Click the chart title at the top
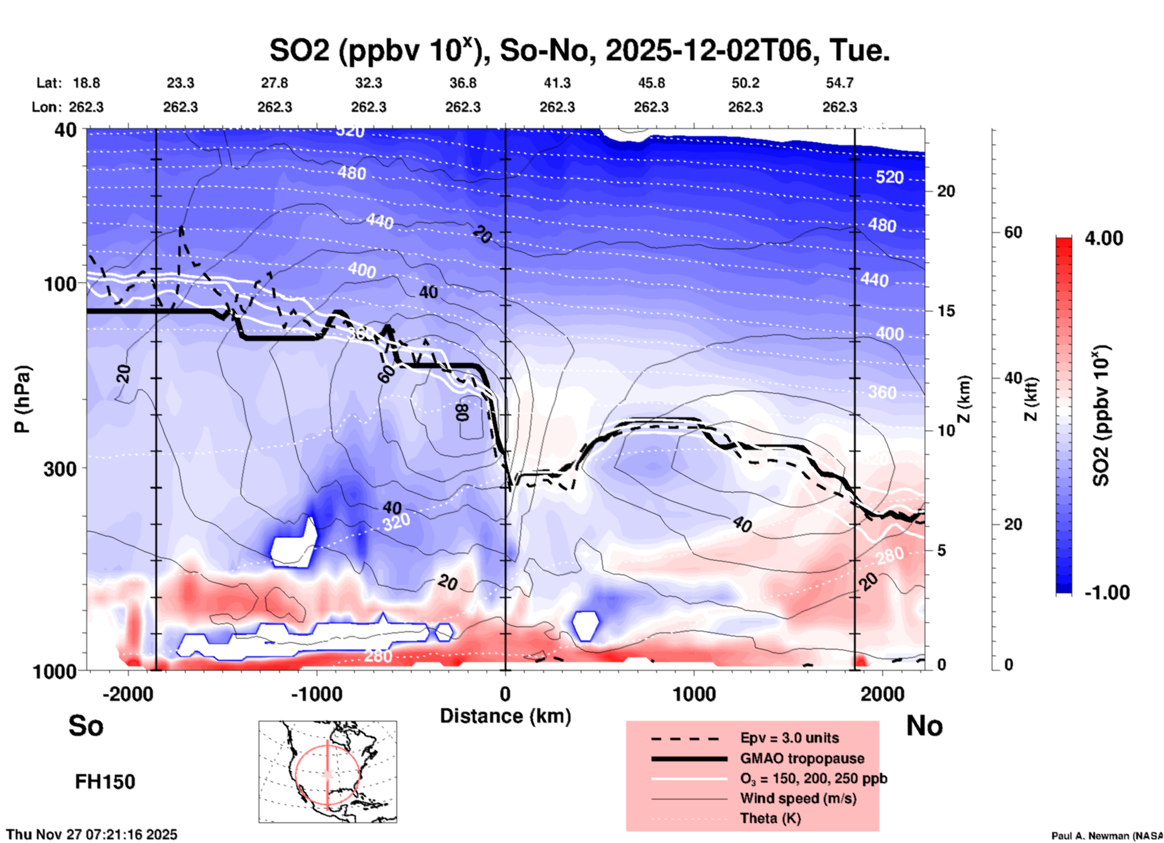579,50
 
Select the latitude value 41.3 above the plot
557,83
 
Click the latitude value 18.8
86,83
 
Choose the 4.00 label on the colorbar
1104,238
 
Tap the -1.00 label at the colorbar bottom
1107,592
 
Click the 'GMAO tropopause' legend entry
802,758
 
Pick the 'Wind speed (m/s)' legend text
798,798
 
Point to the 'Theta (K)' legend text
771,818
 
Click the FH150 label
105,782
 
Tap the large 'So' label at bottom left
86,725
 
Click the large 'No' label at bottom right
924,725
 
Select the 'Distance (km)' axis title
505,716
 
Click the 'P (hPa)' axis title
22,399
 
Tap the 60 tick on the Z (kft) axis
1013,232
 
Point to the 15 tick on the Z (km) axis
946,311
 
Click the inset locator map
328,772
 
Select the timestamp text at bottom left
92,835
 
